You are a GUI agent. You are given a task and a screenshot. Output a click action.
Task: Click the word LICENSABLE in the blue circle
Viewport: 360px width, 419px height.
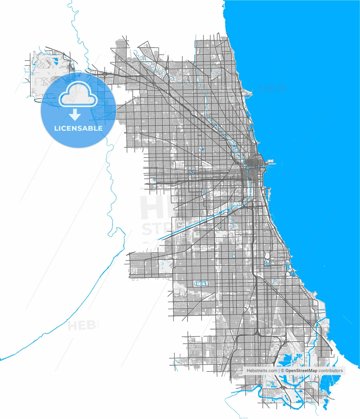tap(78, 128)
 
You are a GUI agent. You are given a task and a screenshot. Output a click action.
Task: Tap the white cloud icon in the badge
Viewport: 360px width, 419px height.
tap(78, 95)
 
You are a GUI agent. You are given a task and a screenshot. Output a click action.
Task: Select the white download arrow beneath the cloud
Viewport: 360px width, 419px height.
tap(75, 115)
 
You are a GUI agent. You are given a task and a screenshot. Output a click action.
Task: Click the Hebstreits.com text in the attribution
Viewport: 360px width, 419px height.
tap(262, 371)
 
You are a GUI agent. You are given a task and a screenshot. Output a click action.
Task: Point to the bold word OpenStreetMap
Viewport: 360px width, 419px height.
tap(301, 371)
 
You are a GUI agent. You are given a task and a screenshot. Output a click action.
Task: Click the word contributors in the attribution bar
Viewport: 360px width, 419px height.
tap(331, 371)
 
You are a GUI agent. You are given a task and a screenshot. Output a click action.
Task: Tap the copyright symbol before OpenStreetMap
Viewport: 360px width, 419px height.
tap(283, 371)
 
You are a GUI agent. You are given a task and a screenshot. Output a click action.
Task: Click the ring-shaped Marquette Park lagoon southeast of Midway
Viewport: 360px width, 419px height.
tap(201, 283)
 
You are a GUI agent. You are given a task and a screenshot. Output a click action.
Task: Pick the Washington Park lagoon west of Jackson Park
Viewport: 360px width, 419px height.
tap(267, 259)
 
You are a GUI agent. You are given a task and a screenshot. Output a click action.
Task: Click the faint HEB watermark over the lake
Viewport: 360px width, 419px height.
tap(272, 88)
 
